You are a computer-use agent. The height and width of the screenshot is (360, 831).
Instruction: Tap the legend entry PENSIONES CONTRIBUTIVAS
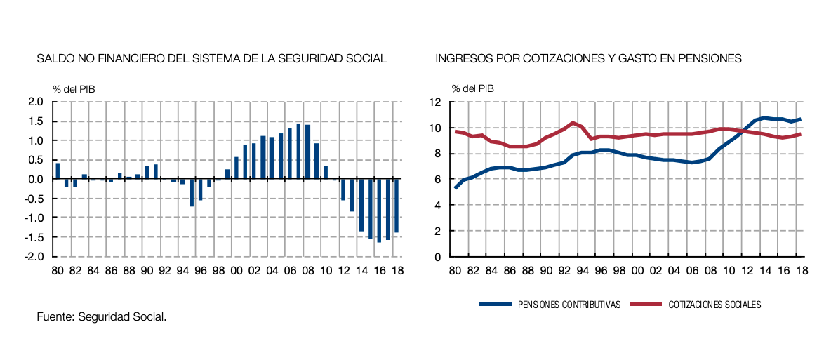click(x=550, y=305)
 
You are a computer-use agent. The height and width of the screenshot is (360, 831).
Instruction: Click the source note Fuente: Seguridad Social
click(x=102, y=318)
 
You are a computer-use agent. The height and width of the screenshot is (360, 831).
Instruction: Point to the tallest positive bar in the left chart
click(x=298, y=151)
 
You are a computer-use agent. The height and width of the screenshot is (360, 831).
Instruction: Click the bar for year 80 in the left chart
click(x=58, y=171)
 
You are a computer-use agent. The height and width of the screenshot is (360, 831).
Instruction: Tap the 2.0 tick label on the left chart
click(x=36, y=102)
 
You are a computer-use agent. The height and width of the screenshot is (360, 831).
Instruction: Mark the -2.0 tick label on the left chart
click(x=34, y=257)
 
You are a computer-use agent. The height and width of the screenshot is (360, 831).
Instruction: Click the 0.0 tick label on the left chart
click(x=36, y=179)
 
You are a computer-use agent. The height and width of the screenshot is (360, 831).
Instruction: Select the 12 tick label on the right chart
click(x=435, y=102)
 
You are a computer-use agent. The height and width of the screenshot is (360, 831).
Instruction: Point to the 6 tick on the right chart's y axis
click(x=437, y=180)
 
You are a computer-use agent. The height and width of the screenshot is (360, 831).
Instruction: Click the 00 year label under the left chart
click(x=236, y=270)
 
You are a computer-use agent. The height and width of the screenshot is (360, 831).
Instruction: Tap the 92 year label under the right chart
click(x=563, y=270)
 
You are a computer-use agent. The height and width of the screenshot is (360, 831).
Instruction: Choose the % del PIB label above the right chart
click(x=472, y=88)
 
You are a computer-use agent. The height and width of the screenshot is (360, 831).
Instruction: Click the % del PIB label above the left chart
click(x=74, y=88)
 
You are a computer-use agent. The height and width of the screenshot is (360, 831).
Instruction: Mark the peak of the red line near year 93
click(x=573, y=123)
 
